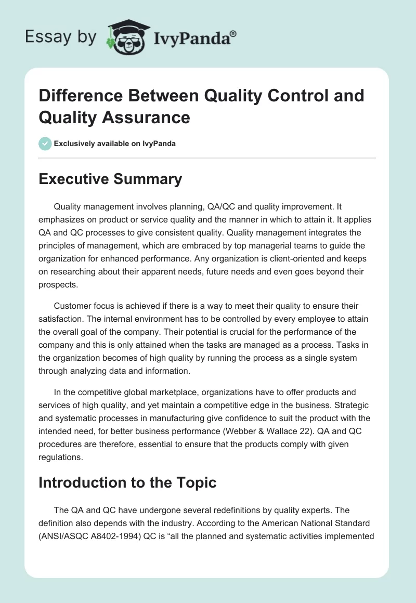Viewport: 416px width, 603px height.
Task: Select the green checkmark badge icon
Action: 45,143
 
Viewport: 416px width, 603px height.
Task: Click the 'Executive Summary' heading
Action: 110,179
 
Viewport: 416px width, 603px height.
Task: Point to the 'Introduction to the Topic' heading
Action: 127,482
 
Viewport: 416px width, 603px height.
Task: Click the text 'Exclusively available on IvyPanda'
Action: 115,143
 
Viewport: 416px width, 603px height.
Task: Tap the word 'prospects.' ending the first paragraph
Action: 58,285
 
